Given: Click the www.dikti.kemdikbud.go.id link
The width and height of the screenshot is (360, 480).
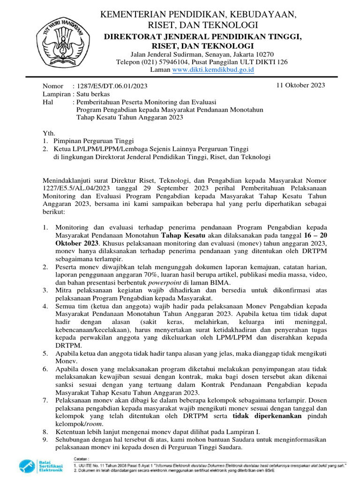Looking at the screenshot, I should click(x=213, y=70).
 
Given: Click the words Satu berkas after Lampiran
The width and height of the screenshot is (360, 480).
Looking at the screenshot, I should click(x=91, y=94).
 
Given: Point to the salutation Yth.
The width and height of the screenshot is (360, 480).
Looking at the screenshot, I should click(x=49, y=133).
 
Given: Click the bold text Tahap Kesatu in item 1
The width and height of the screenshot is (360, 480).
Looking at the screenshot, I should click(x=183, y=235).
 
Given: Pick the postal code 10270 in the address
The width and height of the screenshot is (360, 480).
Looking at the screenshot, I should click(x=270, y=54).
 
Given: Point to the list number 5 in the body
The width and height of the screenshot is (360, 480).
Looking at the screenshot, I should click(x=45, y=353).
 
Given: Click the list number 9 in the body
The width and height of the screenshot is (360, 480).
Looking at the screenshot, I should click(x=45, y=439).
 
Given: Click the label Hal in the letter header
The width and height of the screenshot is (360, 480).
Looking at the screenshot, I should click(x=48, y=102).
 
